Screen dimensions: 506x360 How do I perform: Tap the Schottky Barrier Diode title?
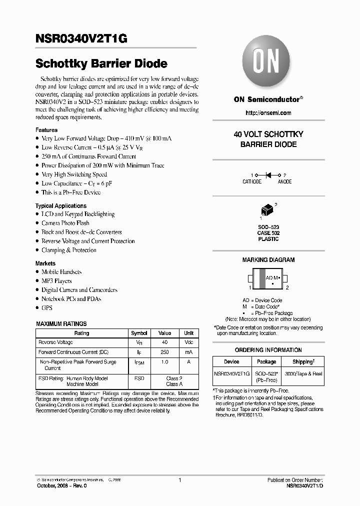(101, 64)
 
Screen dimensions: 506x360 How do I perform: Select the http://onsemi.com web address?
(268, 113)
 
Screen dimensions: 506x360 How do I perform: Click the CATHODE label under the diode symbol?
(252, 182)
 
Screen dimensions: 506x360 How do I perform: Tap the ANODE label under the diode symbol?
(284, 182)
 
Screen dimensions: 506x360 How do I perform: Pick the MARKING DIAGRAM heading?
(268, 260)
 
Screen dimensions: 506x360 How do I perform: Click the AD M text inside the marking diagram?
(271, 277)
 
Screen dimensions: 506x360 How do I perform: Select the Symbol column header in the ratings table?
(139, 333)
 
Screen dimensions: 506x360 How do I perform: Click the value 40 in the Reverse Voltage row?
(164, 342)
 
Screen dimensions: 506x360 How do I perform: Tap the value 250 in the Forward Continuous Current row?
(164, 352)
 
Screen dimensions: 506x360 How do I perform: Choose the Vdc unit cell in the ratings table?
(188, 342)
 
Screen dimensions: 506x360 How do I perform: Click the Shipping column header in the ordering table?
(303, 361)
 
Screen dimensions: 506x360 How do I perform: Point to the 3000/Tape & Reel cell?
(303, 374)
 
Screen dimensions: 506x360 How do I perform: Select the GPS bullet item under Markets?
(47, 308)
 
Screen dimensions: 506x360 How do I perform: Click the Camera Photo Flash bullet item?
(65, 223)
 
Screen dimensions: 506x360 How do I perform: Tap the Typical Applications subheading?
(61, 206)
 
